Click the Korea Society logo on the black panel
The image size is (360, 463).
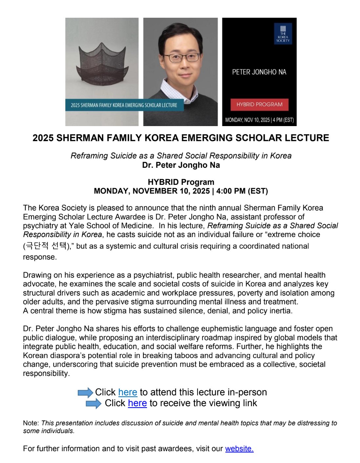[283, 34]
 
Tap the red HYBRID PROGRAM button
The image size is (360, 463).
[259, 104]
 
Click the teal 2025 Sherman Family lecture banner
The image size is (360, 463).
[124, 105]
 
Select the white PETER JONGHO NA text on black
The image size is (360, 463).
[259, 72]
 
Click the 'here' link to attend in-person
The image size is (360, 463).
[127, 392]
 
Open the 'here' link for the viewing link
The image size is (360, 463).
[137, 403]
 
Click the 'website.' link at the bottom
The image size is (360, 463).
[239, 449]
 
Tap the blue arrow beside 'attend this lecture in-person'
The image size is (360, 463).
[85, 392]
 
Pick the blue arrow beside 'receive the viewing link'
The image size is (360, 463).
[94, 403]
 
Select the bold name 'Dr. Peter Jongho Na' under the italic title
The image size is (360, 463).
[181, 165]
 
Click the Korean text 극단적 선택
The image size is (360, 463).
[46, 246]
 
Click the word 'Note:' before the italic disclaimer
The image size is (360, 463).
[31, 423]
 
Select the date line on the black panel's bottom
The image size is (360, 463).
[259, 120]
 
